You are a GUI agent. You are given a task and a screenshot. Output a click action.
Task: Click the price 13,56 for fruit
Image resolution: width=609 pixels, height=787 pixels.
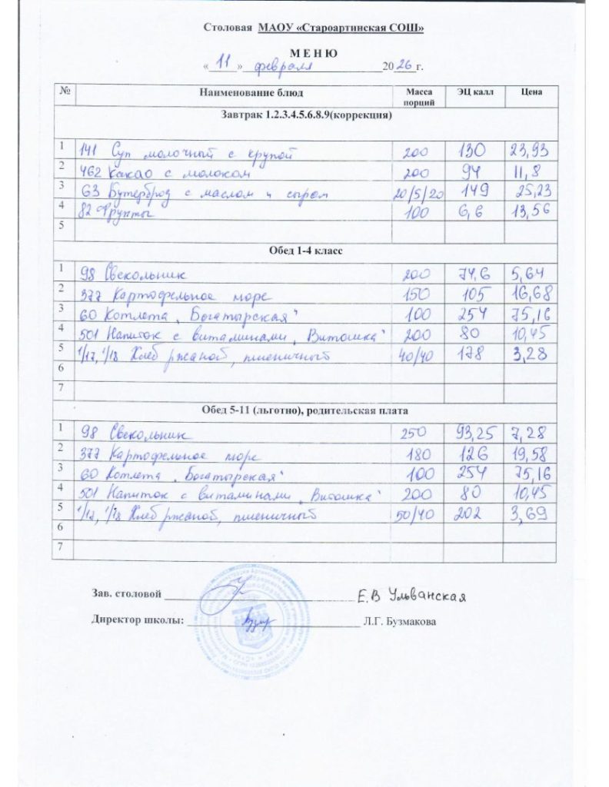[529, 212]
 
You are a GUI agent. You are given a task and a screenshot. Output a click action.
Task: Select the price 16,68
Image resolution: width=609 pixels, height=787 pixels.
[531, 294]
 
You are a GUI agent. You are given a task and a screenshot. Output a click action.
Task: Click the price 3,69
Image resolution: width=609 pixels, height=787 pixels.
[529, 510]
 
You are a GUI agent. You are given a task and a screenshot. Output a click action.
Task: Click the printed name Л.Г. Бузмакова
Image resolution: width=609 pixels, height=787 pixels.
[401, 621]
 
